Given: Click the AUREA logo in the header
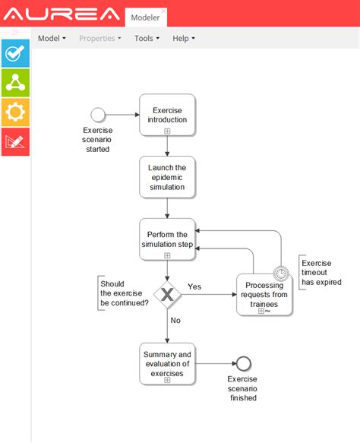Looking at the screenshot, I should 62,14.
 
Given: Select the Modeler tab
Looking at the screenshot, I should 145,17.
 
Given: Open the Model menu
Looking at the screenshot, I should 52,38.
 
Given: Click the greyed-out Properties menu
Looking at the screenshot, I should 99,38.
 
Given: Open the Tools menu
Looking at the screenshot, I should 147,38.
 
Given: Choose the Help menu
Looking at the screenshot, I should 183,38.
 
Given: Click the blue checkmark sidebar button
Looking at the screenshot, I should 15,53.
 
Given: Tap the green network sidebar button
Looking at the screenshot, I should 15,83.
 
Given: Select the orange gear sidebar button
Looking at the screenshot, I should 15,112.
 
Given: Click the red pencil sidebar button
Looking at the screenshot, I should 15,141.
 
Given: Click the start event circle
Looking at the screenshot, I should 97,115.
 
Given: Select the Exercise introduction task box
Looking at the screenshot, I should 167,115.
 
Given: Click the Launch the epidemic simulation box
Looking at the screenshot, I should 167,177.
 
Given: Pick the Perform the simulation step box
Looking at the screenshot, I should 167,239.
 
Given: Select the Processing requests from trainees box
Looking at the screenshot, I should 264,294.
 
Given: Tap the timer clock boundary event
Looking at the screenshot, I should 282,274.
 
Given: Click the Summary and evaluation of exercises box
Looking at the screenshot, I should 167,363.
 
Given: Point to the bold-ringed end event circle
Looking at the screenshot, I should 243,363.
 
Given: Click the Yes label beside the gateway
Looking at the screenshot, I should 194,286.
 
